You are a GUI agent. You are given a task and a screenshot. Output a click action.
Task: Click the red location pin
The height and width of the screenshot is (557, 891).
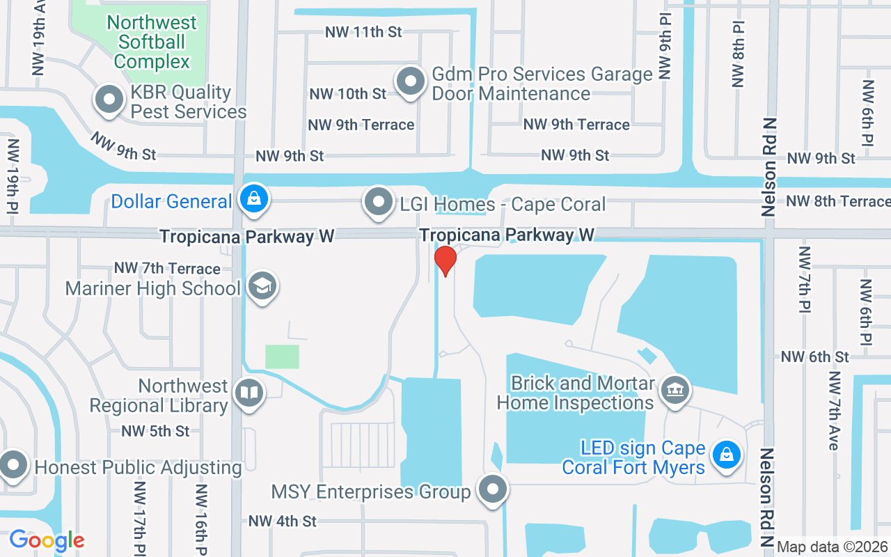tap(445, 260)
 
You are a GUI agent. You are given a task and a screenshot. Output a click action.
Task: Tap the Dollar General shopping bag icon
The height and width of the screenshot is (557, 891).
tap(255, 201)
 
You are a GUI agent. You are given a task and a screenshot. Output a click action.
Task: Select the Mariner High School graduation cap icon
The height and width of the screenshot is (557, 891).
tap(262, 286)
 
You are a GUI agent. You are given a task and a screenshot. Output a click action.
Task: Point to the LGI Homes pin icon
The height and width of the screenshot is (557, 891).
tap(379, 202)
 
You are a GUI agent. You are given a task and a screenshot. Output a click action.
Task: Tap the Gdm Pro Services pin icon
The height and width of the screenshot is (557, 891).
tap(411, 81)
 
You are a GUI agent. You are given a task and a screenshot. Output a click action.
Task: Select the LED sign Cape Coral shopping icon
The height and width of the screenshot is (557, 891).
tap(726, 455)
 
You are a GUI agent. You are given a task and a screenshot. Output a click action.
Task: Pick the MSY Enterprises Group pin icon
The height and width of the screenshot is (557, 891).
tap(494, 489)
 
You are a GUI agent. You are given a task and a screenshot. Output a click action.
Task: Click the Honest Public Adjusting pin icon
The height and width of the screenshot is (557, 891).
tap(13, 465)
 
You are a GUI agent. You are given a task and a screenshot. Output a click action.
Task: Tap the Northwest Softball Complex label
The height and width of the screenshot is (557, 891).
tap(152, 42)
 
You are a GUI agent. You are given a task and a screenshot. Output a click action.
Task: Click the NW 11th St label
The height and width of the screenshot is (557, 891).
tap(363, 32)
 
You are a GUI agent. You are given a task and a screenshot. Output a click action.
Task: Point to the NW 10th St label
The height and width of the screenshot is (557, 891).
tap(347, 93)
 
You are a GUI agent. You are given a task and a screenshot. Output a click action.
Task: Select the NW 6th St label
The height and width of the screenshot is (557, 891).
tap(814, 356)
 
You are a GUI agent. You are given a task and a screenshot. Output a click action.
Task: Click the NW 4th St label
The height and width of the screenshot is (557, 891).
tap(282, 521)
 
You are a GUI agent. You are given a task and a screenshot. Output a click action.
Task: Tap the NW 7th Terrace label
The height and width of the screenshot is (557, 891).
tap(167, 268)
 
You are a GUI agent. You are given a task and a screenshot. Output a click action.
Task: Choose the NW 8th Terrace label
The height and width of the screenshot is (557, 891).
tap(838, 202)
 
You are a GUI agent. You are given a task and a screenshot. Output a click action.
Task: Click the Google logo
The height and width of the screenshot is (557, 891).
tap(47, 540)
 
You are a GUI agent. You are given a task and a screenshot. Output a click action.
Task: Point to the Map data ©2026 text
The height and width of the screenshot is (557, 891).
tap(833, 547)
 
